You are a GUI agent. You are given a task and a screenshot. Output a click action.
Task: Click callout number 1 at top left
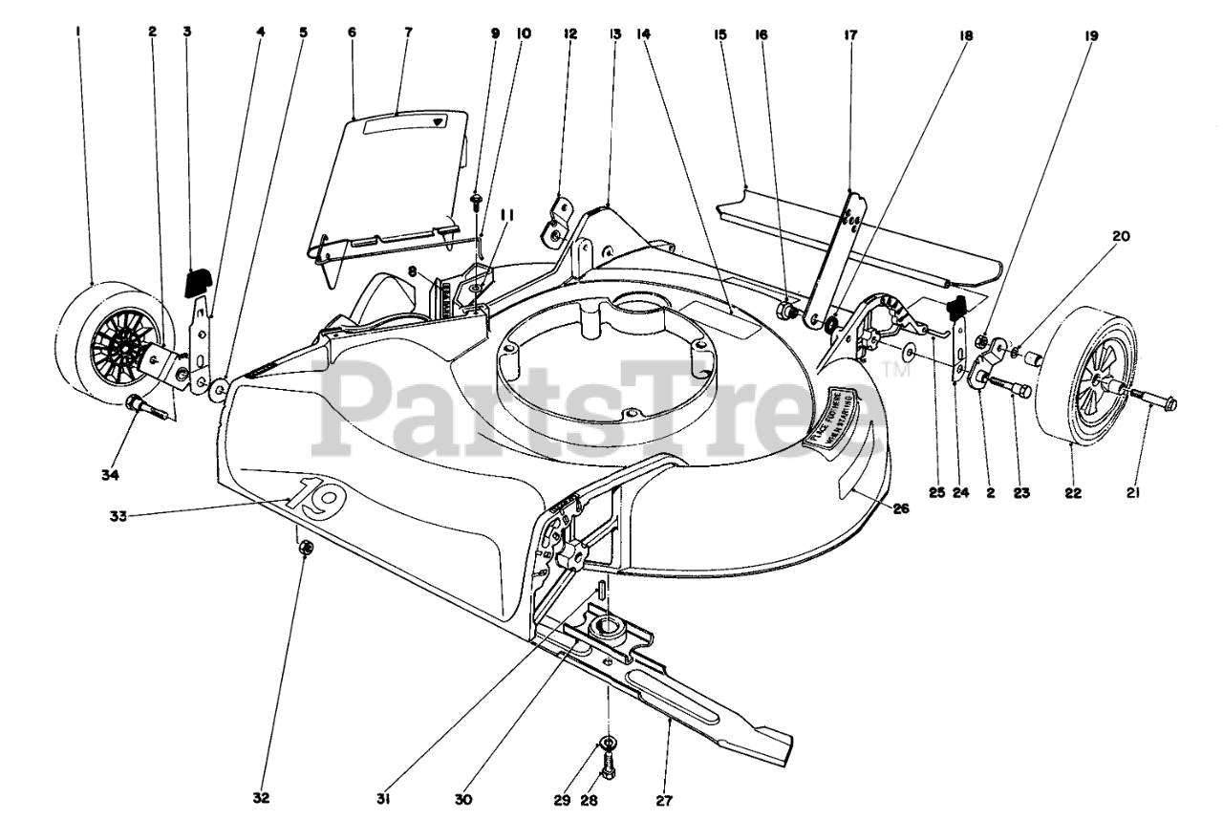(x=78, y=32)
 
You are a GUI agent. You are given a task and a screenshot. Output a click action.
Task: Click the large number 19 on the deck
(x=311, y=495)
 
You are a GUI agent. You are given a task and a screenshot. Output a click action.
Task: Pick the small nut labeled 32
(x=307, y=548)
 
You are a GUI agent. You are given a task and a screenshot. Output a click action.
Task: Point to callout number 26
(x=901, y=509)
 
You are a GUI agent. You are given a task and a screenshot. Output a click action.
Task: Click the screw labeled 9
(x=476, y=199)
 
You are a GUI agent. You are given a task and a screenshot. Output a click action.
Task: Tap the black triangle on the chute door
(x=438, y=122)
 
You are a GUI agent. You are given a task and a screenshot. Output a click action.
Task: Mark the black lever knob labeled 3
(x=198, y=281)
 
